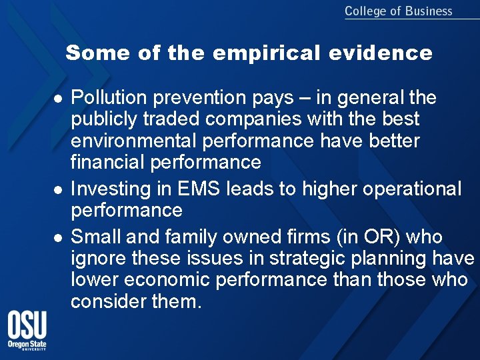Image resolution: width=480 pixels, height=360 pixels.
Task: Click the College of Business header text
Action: (398, 11)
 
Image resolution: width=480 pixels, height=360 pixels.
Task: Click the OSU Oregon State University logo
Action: (27, 331)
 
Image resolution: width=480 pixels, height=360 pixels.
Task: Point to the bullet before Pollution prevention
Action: (58, 99)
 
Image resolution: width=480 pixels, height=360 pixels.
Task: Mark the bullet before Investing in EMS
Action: (58, 190)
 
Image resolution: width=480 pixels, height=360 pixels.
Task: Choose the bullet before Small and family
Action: (58, 238)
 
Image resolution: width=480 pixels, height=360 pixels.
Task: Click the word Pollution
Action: (109, 98)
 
